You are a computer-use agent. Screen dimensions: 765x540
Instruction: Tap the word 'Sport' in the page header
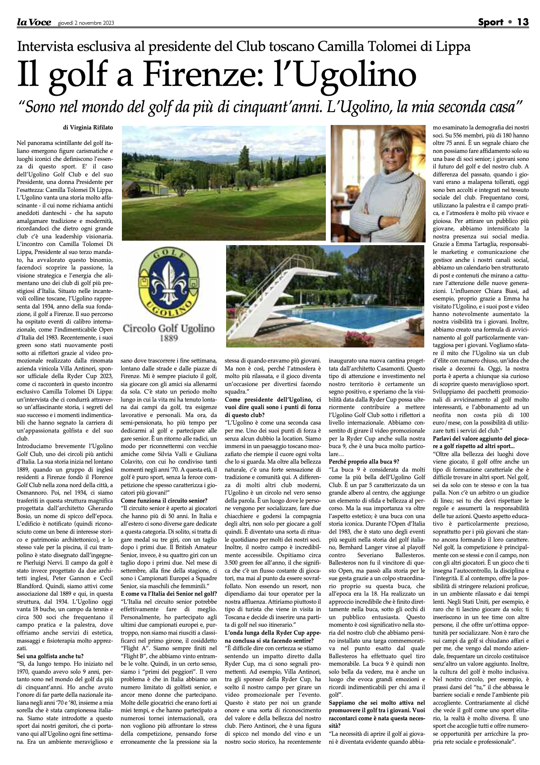(x=491, y=22)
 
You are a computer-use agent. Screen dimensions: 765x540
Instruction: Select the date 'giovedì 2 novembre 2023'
(x=86, y=23)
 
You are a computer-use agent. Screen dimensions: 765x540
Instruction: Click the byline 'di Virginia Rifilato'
(x=88, y=128)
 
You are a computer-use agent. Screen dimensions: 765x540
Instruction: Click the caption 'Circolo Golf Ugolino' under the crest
(x=168, y=329)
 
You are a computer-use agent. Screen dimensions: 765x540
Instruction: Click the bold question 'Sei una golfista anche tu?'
(x=50, y=656)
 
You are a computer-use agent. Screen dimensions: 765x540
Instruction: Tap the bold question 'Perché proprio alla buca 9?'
(x=364, y=461)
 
